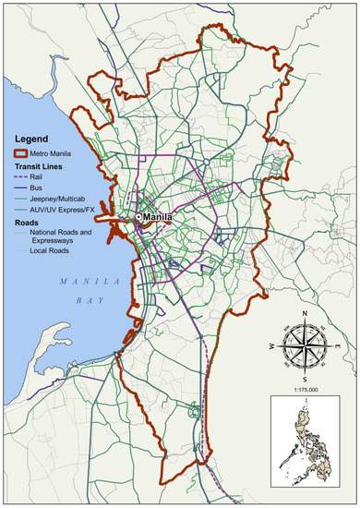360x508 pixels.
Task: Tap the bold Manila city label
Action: point(158,217)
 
